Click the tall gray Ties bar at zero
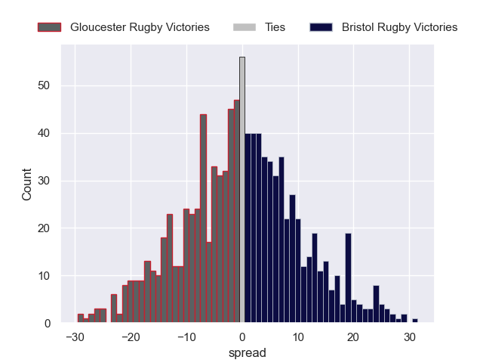tap(242, 189)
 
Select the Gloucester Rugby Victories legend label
tap(140, 27)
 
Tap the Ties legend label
tap(275, 27)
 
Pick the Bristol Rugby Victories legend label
tap(399, 27)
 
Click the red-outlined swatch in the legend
tap(49, 27)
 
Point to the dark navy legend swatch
tap(321, 27)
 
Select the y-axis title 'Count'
tap(27, 184)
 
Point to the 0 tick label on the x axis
tap(242, 337)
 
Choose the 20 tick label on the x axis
tap(353, 337)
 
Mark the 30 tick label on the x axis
tap(409, 337)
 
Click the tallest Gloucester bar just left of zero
tap(236, 212)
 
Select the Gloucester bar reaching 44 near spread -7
tap(203, 219)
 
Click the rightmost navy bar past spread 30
tap(415, 321)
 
